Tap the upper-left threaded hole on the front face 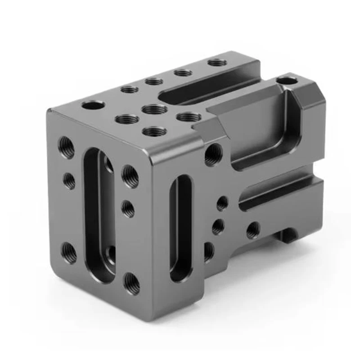click(x=67, y=147)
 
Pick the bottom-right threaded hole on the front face click(x=131, y=284)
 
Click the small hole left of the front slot click(x=69, y=180)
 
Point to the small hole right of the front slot click(x=128, y=208)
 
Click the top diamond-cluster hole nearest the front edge click(x=154, y=131)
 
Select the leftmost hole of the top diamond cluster click(x=127, y=119)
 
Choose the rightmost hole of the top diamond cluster click(x=189, y=117)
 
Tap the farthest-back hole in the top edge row click(x=217, y=62)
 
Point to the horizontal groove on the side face click(x=279, y=193)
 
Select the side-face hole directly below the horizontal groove click(x=252, y=230)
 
